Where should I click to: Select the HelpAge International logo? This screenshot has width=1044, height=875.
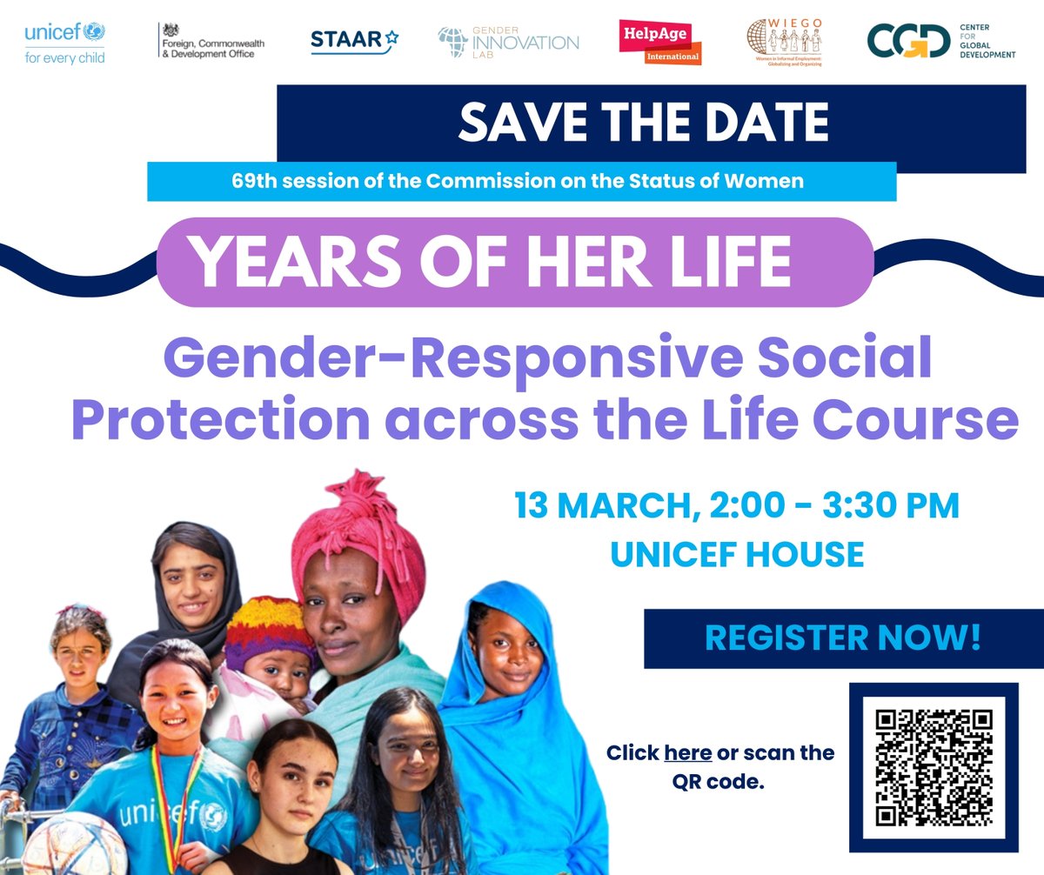tap(659, 42)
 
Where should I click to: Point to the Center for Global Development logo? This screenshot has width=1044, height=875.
tap(940, 42)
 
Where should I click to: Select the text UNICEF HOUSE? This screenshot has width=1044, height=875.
tap(737, 554)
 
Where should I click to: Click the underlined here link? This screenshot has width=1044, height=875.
tap(687, 752)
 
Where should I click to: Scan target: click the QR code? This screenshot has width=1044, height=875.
tap(934, 767)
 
